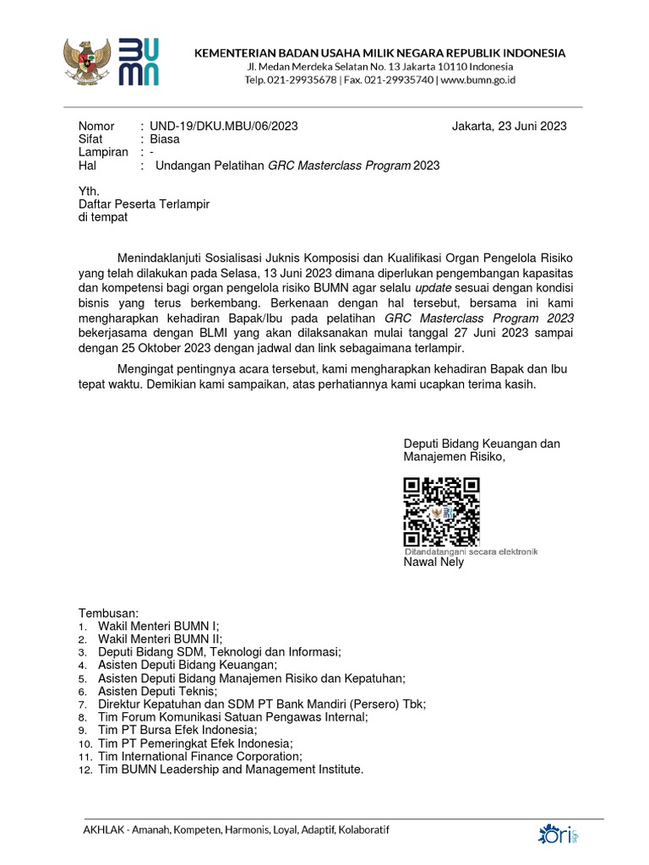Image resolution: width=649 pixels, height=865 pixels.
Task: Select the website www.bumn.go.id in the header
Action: click(x=477, y=80)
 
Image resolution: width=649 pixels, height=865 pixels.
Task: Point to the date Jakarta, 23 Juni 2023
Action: click(x=509, y=127)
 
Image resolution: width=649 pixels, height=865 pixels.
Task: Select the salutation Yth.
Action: click(x=89, y=192)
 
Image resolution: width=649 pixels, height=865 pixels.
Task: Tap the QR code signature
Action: click(x=441, y=512)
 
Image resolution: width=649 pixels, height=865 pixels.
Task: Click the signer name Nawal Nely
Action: click(x=434, y=562)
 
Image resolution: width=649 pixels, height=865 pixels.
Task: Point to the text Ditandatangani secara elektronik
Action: click(x=471, y=551)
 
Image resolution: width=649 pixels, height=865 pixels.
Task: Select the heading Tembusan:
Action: click(x=108, y=612)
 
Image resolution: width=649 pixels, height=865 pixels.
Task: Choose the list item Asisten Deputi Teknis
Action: click(x=157, y=691)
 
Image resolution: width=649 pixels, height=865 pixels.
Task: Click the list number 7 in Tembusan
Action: click(x=82, y=705)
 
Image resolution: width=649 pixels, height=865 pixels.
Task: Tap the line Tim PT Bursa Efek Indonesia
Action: click(x=177, y=730)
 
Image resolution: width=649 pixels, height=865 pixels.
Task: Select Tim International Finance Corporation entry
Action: click(x=200, y=756)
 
